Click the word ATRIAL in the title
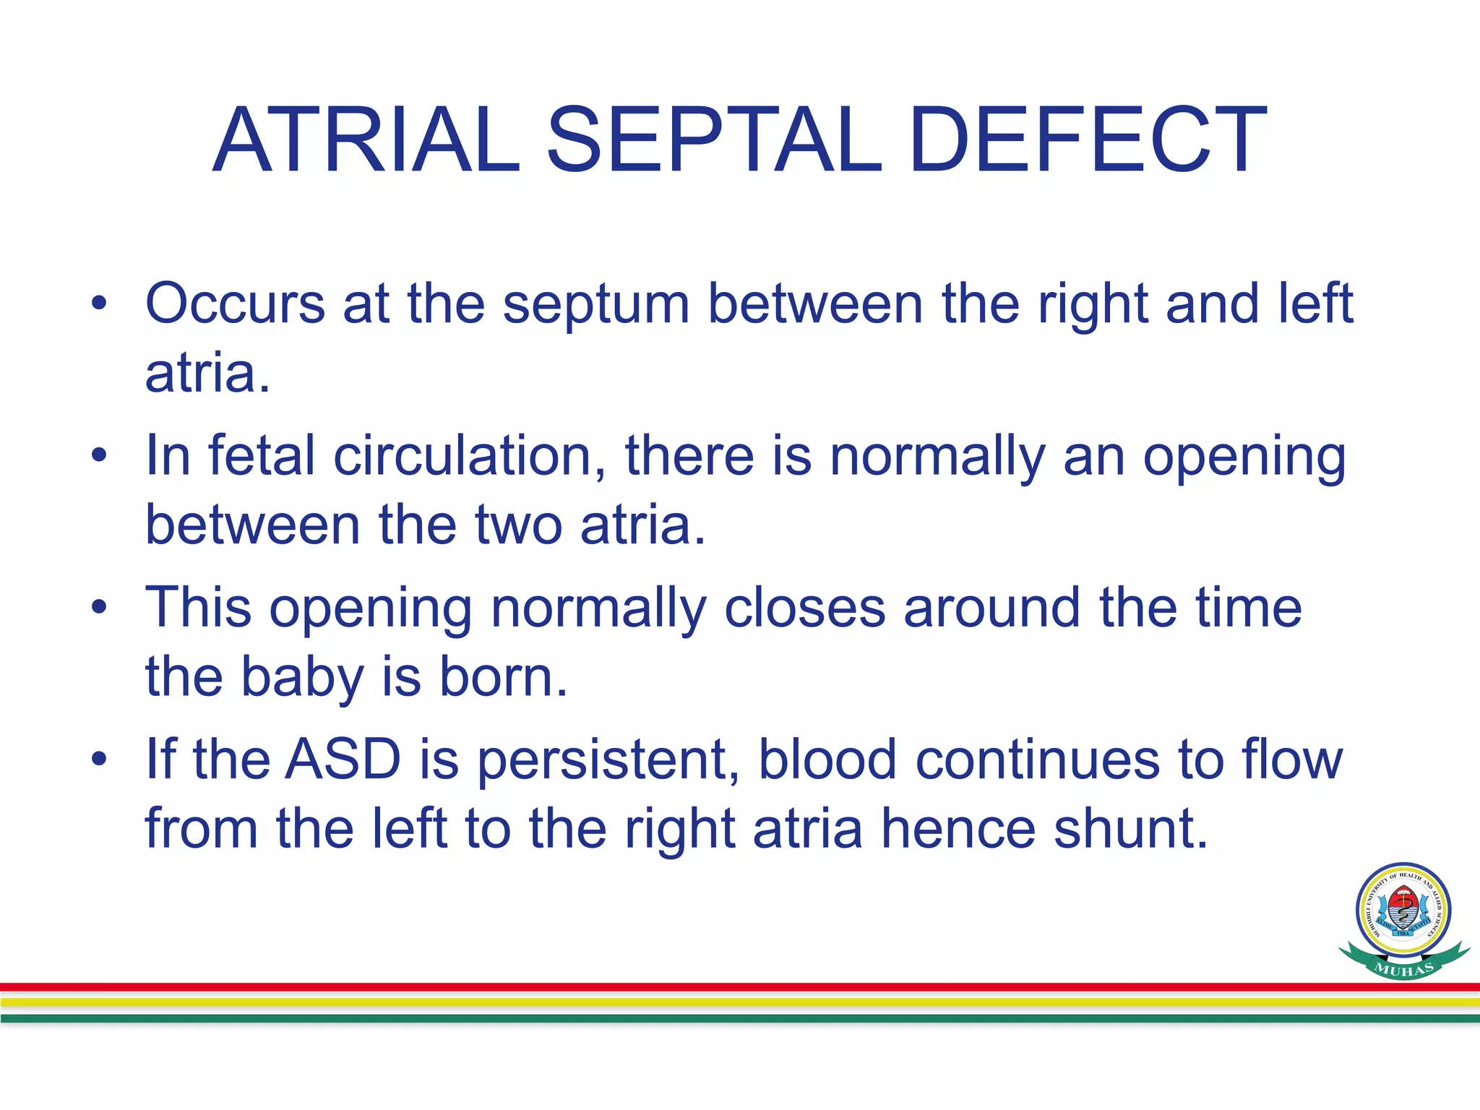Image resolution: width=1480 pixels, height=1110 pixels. click(x=366, y=141)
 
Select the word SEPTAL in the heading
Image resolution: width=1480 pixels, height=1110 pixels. click(x=713, y=141)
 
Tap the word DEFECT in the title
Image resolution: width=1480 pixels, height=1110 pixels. click(x=1088, y=141)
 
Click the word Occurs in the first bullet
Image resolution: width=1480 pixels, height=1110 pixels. click(x=235, y=304)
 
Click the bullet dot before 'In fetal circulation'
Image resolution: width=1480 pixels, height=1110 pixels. click(x=99, y=456)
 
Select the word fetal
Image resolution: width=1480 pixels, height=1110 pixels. click(x=262, y=456)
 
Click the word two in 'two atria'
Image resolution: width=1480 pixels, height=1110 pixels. click(x=518, y=525)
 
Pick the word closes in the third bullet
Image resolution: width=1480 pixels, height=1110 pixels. click(x=804, y=608)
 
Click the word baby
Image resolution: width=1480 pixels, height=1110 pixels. click(x=302, y=678)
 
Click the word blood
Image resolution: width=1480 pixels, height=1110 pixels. click(x=827, y=760)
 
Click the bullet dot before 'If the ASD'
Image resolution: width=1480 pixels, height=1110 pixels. click(x=99, y=760)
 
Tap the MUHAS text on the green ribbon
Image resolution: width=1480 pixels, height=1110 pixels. click(x=1403, y=969)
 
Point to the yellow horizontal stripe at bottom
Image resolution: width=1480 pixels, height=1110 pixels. click(x=723, y=1002)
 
